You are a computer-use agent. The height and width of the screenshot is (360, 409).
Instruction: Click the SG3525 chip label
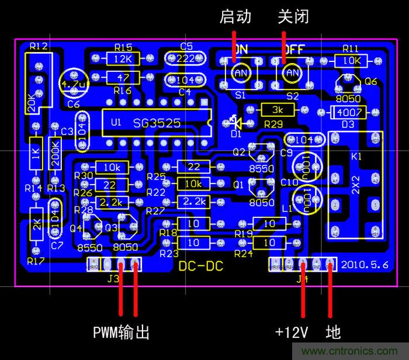[x=157, y=123]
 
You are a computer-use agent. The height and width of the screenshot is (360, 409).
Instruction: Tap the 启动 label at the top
[x=235, y=17]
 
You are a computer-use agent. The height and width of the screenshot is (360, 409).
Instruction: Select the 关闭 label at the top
[x=293, y=17]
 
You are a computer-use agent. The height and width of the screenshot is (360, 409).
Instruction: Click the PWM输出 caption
[x=122, y=333]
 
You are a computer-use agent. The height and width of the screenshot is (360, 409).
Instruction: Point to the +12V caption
[x=292, y=332]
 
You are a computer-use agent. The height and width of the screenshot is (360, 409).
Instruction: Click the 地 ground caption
[x=333, y=332]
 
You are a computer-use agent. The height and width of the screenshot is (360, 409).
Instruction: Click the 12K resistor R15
[x=123, y=59]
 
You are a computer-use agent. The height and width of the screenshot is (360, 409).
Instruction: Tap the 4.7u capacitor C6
[x=74, y=83]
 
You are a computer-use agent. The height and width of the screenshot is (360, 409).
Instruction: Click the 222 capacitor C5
[x=187, y=58]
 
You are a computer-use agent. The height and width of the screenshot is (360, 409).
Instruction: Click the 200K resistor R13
[x=56, y=153]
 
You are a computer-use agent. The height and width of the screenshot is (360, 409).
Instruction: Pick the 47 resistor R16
[x=123, y=78]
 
